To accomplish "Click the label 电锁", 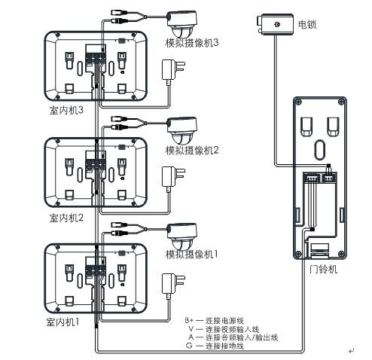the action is (x=307, y=24).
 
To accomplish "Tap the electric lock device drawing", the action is (x=275, y=24).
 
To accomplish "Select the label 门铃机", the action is (x=323, y=270).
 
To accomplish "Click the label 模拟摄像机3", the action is (x=192, y=43).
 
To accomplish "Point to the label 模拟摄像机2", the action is (x=192, y=151).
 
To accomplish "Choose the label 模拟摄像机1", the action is (x=191, y=255).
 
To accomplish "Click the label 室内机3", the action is (x=66, y=110).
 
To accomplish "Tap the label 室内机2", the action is (x=66, y=218).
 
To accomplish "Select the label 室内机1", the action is (x=63, y=322).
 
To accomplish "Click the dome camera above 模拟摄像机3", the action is (x=182, y=24).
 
